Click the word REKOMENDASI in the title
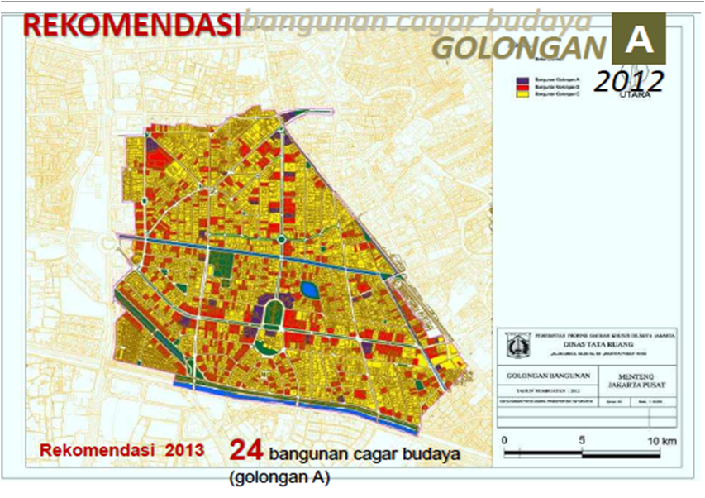(131, 24)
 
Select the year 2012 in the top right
(629, 81)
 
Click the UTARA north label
(635, 95)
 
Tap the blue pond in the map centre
(309, 290)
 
